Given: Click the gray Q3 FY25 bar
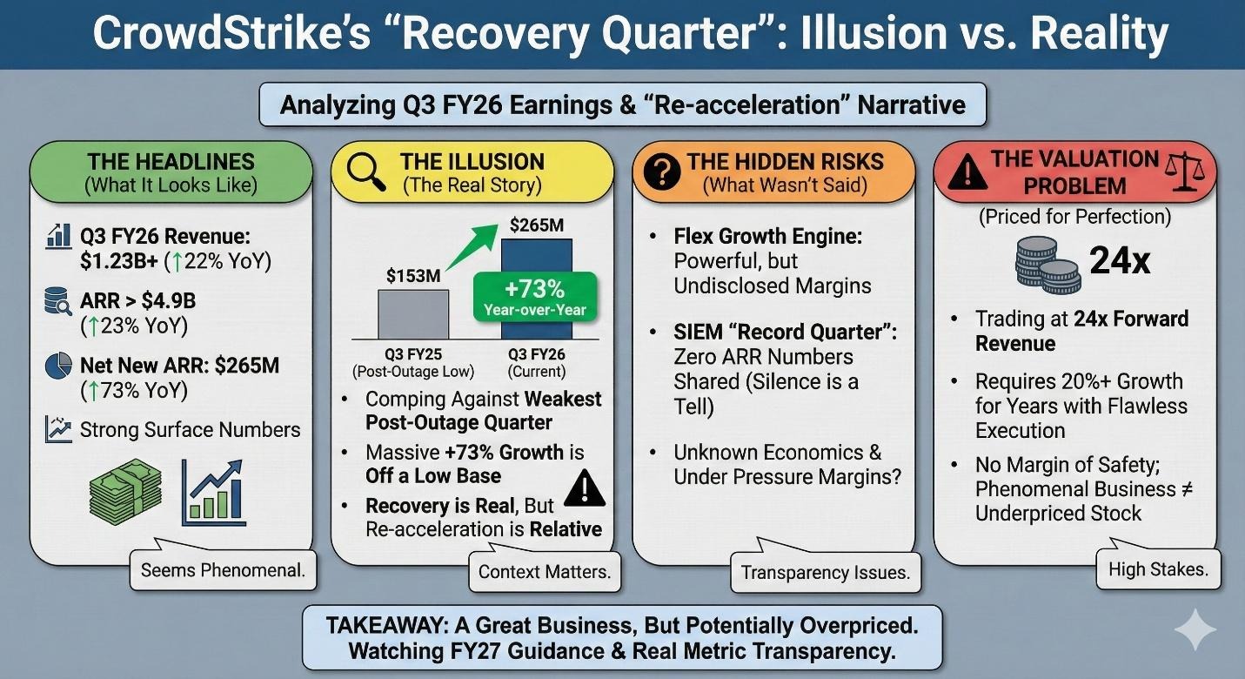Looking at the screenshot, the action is (x=413, y=314).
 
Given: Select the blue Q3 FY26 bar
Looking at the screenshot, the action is (x=536, y=257).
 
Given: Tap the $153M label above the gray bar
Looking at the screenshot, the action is (x=413, y=276).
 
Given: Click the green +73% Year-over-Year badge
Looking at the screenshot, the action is (x=535, y=297).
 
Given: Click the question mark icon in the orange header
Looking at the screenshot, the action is (x=662, y=171).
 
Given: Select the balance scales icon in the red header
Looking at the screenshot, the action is (x=1184, y=171).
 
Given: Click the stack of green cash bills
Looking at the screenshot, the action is (x=125, y=492).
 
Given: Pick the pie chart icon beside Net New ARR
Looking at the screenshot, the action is (x=58, y=366).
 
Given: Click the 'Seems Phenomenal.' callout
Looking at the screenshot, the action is (x=223, y=570).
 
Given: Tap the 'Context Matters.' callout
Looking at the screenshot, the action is (x=545, y=572).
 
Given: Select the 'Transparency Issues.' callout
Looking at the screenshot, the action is (x=826, y=572).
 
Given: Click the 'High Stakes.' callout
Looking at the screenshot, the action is (x=1158, y=569).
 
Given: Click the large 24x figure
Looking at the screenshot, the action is (x=1120, y=260).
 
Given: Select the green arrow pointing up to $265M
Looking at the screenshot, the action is (x=472, y=247).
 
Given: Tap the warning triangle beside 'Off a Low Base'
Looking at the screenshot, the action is (x=585, y=488).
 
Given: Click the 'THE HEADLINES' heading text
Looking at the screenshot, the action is (x=171, y=162).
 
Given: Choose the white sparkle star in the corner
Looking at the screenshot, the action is (x=1195, y=630).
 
